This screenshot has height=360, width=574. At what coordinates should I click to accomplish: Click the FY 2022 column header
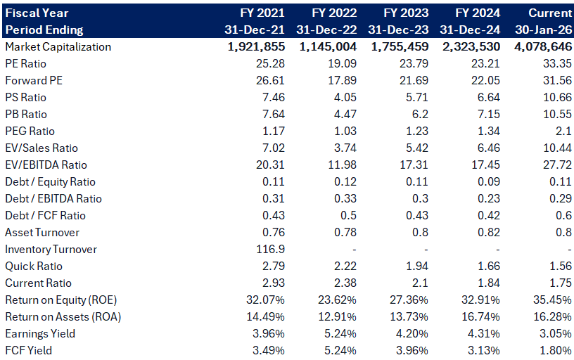click(x=334, y=13)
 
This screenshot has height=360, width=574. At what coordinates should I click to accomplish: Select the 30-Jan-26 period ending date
click(x=544, y=30)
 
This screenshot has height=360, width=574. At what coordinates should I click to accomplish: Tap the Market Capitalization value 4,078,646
click(x=543, y=46)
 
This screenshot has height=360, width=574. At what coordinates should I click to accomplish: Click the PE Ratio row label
click(x=25, y=64)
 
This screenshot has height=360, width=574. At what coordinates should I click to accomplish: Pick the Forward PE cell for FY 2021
click(x=270, y=80)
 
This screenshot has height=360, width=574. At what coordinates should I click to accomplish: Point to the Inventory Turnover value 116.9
click(x=270, y=249)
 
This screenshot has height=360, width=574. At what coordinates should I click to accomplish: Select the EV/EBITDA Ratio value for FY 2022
click(x=342, y=165)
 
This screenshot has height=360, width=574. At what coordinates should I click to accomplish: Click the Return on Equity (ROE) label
click(x=61, y=300)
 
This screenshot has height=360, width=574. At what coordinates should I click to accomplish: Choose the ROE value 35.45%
click(x=552, y=300)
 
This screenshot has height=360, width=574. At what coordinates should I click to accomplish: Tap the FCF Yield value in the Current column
click(x=556, y=350)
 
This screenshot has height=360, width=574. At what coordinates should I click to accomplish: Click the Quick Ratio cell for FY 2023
click(x=417, y=266)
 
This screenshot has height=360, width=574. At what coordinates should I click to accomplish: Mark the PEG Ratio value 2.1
click(x=563, y=131)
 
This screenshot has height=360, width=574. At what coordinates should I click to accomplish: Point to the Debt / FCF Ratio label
click(x=46, y=215)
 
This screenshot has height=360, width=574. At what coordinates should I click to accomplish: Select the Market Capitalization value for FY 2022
click(x=328, y=46)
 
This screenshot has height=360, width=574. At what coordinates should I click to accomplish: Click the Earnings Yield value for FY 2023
click(x=412, y=334)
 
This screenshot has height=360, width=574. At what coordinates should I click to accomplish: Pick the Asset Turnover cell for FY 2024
click(x=489, y=232)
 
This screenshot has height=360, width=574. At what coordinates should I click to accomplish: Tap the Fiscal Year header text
click(x=37, y=13)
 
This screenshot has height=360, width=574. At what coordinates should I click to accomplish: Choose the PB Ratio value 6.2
click(x=420, y=114)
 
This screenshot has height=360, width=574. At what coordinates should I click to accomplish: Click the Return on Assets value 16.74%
click(x=480, y=317)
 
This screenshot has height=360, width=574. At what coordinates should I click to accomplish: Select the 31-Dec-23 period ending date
click(x=398, y=30)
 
